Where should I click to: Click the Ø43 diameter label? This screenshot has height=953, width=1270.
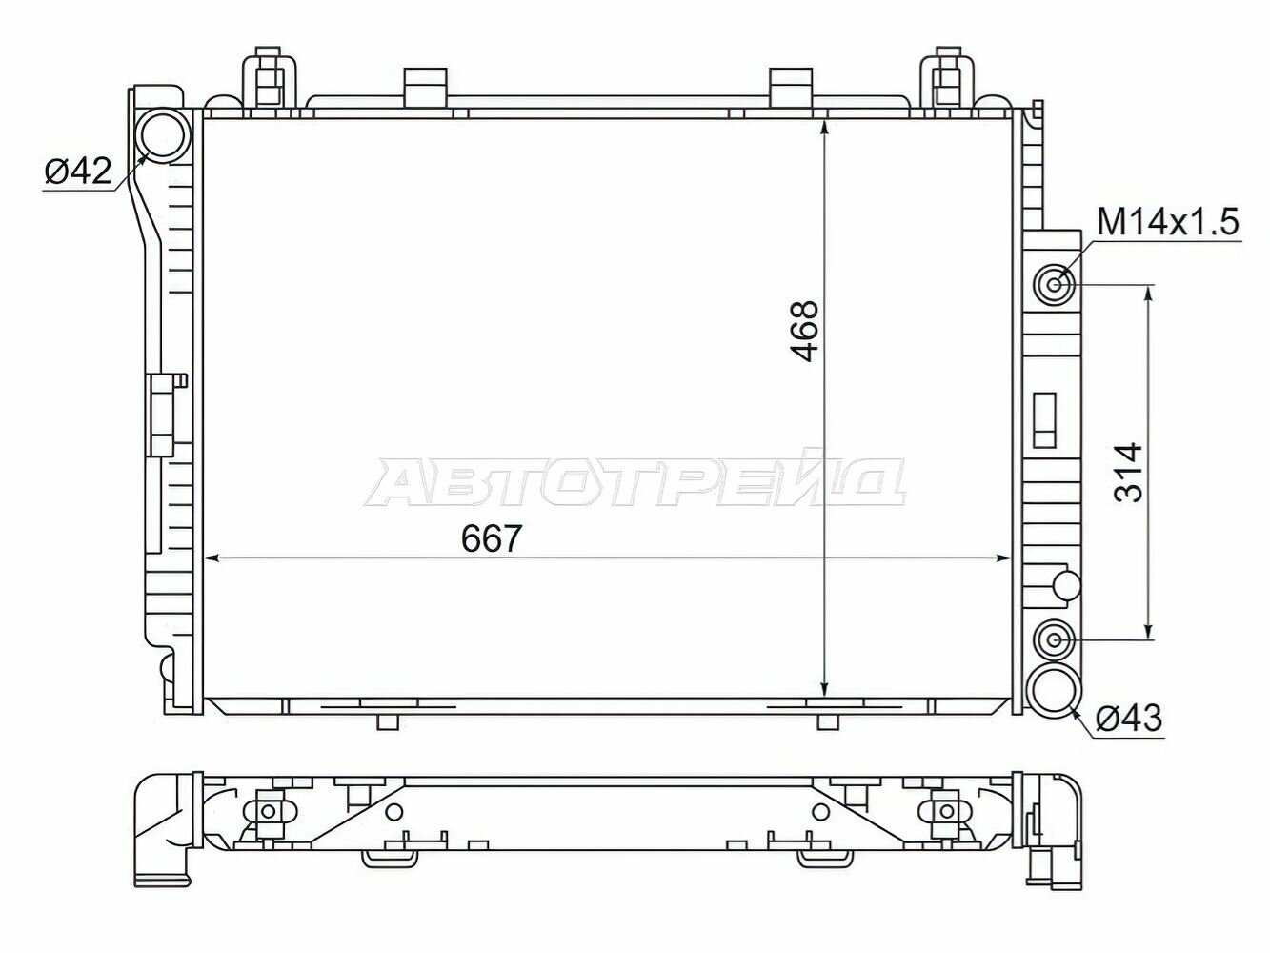coord(1128,720)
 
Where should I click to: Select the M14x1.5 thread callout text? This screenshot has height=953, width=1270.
coord(1167,223)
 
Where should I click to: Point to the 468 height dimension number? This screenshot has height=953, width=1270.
coord(805,331)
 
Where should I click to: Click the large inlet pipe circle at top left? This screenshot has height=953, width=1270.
coord(163,134)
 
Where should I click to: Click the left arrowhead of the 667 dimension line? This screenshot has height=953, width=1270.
coord(213,559)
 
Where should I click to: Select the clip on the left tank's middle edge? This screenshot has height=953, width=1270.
coord(164,415)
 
